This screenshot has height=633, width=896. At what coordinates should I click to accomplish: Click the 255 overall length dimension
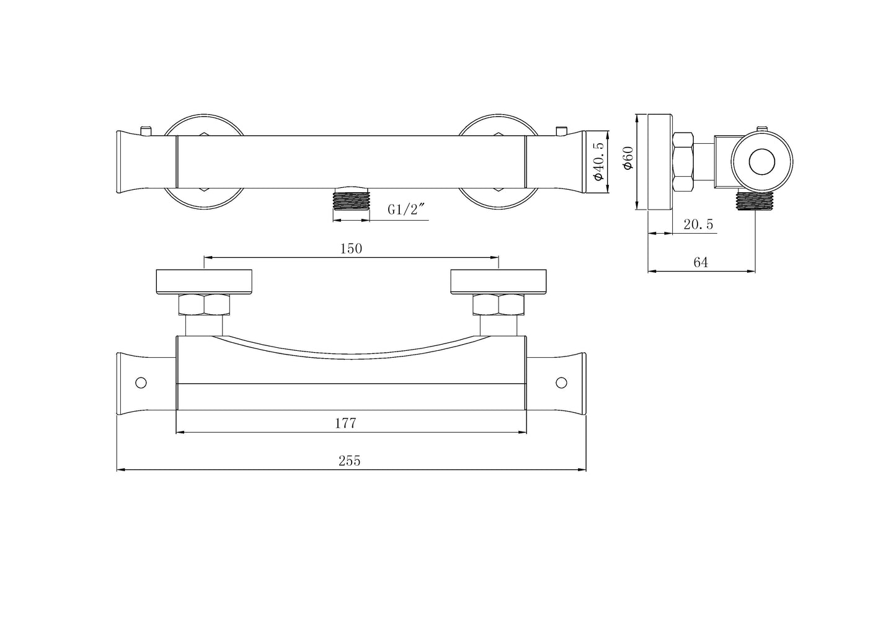349,461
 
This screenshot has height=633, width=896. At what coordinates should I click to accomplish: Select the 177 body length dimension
345,423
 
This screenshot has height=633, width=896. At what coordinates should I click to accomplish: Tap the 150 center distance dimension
351,248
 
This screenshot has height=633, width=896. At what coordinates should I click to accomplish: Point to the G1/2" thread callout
405,210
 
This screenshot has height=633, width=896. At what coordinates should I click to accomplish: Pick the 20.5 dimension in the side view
698,224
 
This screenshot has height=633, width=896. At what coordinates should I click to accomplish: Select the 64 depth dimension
700,262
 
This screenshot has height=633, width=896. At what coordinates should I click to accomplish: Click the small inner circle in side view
761,162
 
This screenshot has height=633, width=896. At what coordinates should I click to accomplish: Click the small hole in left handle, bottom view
141,383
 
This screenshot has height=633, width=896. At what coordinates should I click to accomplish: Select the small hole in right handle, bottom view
562,383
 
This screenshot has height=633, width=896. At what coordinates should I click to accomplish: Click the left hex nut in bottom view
204,305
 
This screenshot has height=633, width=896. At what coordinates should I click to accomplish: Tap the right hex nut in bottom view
499,305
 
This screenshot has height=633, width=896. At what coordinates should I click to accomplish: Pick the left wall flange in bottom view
204,281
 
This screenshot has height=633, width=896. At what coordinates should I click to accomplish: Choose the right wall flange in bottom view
499,281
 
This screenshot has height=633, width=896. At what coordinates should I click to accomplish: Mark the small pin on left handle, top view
145,131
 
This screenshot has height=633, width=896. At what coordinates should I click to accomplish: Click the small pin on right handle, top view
562,131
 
